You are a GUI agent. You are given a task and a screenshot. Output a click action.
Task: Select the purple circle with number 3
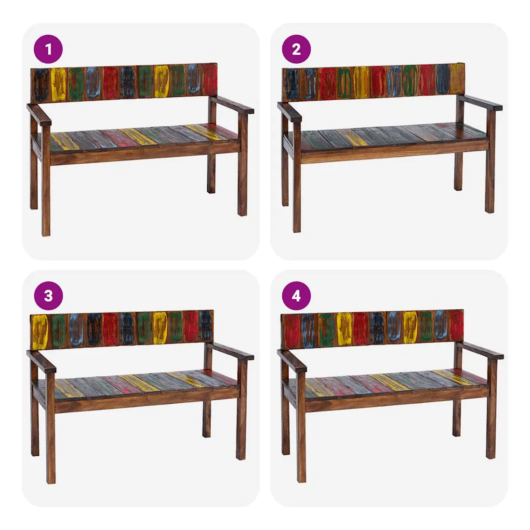pos(48,296)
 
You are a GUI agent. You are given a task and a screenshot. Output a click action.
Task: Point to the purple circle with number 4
pos(296,296)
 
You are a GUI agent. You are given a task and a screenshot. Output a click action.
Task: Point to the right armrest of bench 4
pos(482,350)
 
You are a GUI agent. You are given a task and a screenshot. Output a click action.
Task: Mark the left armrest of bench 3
pos(41,360)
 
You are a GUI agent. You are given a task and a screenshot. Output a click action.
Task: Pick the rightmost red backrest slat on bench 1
pos(210,82)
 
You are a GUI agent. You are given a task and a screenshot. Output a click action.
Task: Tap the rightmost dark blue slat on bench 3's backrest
pos(206,325)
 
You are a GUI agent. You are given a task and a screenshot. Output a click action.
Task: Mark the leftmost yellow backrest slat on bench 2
pos(361,81)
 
